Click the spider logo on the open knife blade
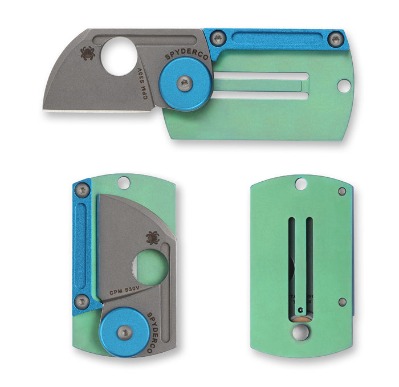tap(88, 54)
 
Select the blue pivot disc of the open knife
tap(185, 84)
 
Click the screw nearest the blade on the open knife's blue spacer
tap(218, 39)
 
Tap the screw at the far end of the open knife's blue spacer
tap(335, 39)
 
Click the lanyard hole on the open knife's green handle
tap(343, 85)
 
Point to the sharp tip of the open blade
tap(43, 109)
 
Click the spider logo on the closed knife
tap(153, 238)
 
